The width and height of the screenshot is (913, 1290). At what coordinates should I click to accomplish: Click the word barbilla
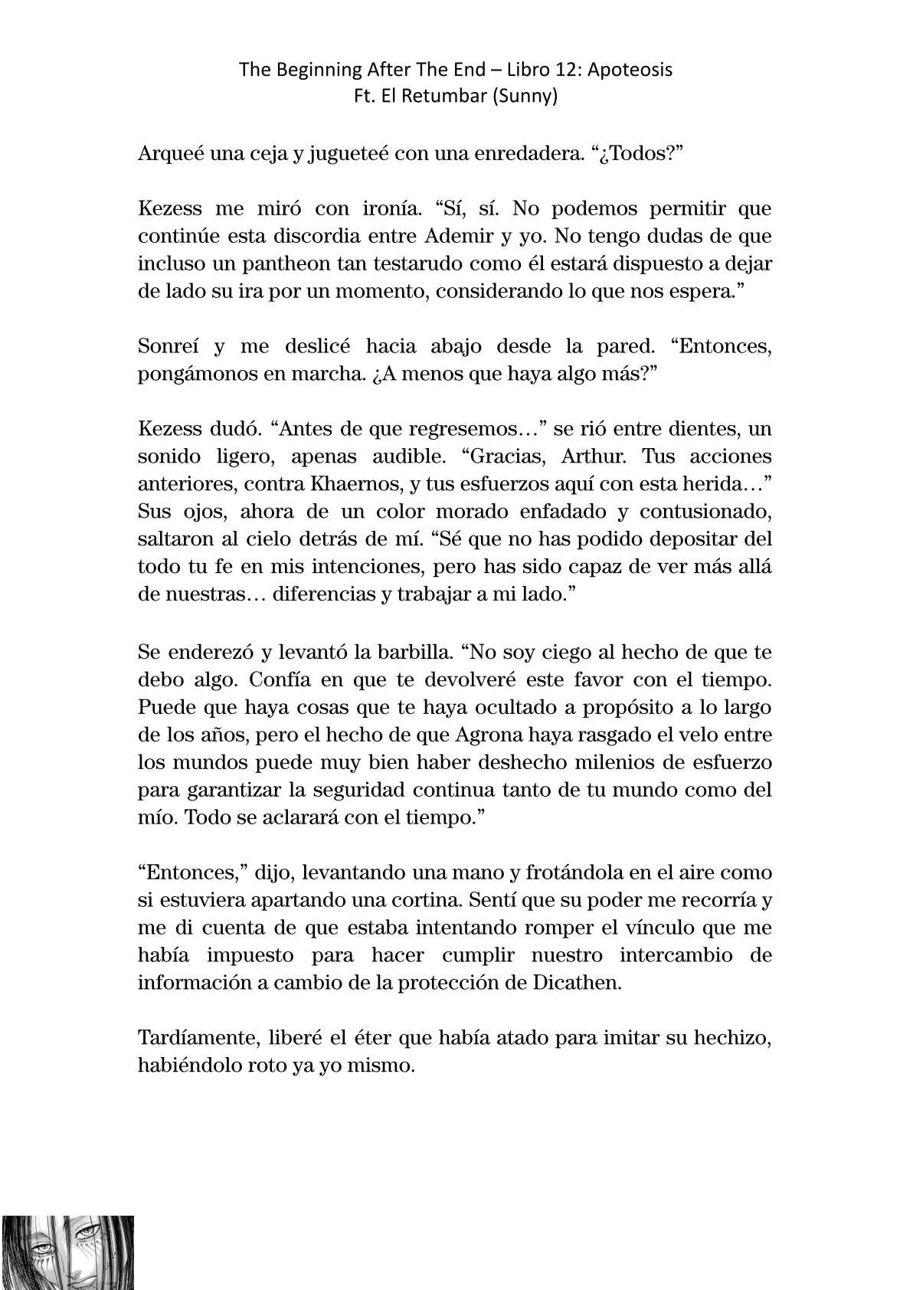pyautogui.click(x=407, y=652)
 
